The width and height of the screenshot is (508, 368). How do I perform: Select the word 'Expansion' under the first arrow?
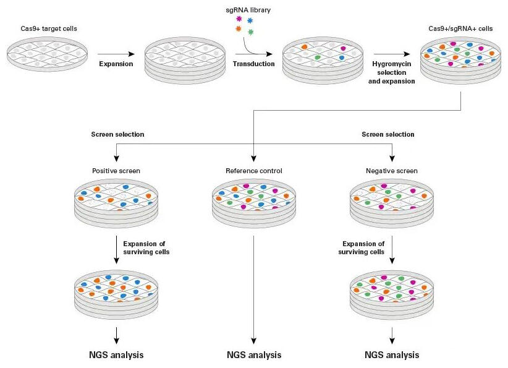116,64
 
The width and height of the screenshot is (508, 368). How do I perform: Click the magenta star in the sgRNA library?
239,19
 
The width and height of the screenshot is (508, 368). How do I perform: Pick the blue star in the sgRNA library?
250,21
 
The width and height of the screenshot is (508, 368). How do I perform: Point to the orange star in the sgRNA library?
238,29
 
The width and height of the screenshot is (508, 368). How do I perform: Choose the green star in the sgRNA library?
251,32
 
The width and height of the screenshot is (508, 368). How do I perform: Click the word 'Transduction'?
253,64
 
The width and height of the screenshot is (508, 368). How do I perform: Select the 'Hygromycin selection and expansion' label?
393,72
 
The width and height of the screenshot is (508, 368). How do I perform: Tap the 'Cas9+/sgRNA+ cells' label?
460,29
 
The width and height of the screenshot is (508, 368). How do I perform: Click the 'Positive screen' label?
116,171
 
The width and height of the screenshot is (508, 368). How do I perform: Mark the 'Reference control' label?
253,171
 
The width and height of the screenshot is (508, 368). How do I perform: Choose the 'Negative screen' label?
392,171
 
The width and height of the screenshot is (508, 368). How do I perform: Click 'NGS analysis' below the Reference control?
253,355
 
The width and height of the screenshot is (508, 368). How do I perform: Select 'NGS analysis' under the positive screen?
116,355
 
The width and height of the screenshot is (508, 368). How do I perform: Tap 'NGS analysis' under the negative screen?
392,355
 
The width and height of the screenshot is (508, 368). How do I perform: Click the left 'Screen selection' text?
117,134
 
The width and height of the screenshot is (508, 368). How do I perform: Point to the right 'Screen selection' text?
388,134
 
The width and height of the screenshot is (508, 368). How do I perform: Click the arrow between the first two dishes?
116,54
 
